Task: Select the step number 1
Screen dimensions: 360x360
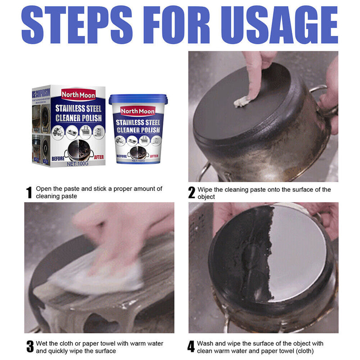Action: [x=29, y=193]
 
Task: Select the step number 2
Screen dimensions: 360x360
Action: [x=192, y=193]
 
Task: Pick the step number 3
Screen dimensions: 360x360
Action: [x=30, y=347]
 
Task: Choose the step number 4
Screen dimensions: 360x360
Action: [x=191, y=347]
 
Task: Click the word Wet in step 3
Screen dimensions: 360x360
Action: [x=42, y=343]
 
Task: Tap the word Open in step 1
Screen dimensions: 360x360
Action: [x=44, y=189]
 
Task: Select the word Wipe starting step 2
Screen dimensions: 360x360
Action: [x=206, y=189]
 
